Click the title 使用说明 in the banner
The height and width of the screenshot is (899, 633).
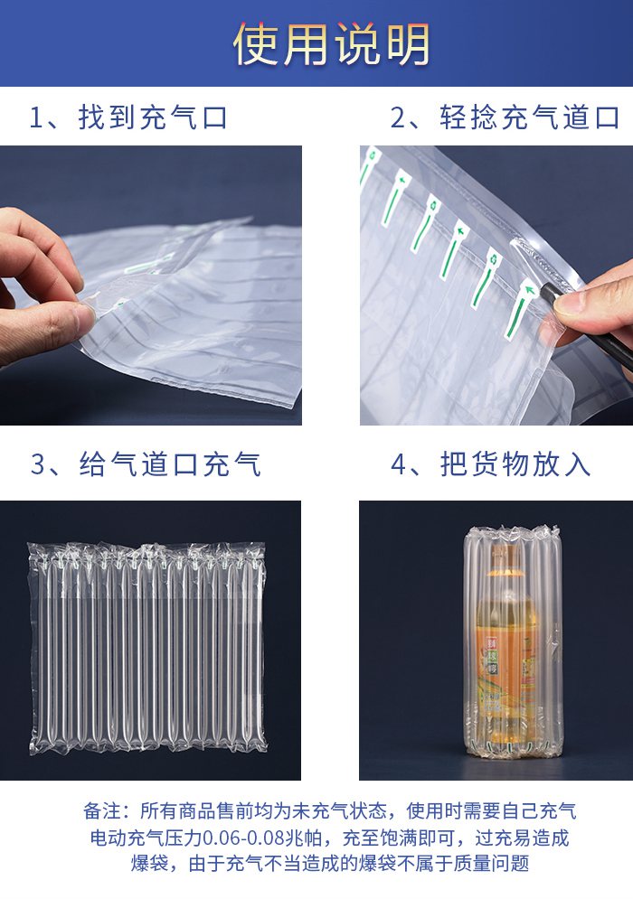[331, 43]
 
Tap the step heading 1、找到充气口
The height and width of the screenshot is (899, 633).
[128, 117]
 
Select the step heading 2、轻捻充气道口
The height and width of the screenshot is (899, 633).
[505, 117]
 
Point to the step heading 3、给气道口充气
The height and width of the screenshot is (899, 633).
[146, 464]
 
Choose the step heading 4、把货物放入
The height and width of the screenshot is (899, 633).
[491, 464]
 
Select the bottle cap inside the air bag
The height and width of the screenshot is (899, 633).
[505, 552]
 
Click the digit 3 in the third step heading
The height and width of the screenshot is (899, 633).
[38, 464]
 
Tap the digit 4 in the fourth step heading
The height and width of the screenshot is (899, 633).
[399, 464]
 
